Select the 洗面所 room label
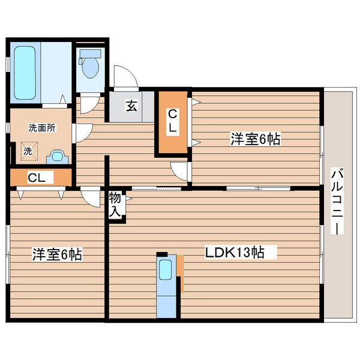coord(41,127)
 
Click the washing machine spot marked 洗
coord(28,151)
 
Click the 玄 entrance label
coord(131,106)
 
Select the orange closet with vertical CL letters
coord(172,122)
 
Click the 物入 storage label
coord(116,205)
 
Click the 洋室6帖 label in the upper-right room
coord(256,140)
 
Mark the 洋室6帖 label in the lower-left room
coord(57,255)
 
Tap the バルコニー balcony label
coord(337,202)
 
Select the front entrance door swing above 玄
coord(126,76)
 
